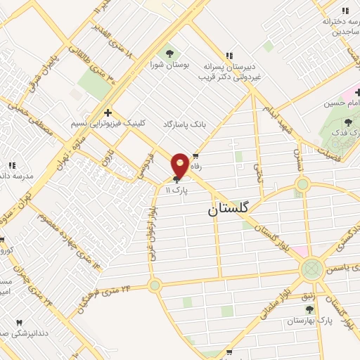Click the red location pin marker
pyautogui.click(x=180, y=164)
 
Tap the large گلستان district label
pyautogui.click(x=233, y=210)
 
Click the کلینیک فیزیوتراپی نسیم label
pyautogui.click(x=108, y=122)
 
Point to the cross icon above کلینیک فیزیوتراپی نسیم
pyautogui.click(x=108, y=112)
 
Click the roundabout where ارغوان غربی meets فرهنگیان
pyautogui.click(x=155, y=285)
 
